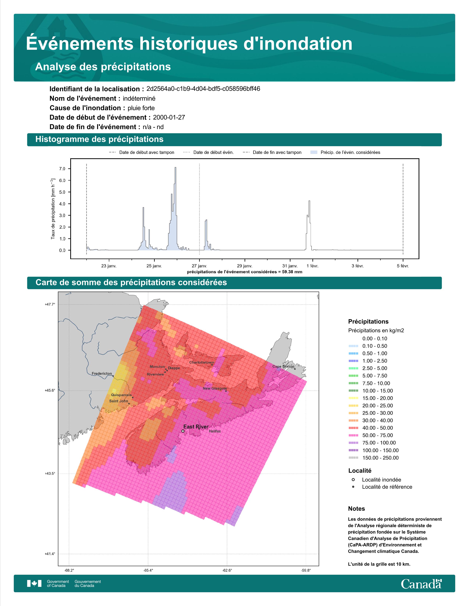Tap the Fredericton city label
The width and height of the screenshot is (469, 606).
coord(102,374)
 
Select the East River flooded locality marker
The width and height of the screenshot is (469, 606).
coord(183,431)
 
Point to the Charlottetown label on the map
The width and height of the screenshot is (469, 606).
coord(202,362)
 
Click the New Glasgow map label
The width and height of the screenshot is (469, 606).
coord(215,388)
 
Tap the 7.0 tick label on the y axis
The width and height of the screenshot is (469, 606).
coord(62,169)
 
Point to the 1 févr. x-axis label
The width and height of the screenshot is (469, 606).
coord(312,266)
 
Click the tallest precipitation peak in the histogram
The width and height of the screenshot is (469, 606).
coord(175,168)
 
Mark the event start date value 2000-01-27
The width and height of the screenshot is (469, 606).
coord(169,117)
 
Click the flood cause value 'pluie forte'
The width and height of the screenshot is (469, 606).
coord(141,108)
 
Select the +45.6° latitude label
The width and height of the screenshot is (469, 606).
coord(50,390)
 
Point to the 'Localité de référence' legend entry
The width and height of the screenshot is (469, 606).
coord(387,487)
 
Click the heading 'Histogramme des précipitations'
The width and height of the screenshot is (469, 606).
coord(100,139)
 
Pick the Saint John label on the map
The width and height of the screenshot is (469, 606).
coord(119,401)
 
